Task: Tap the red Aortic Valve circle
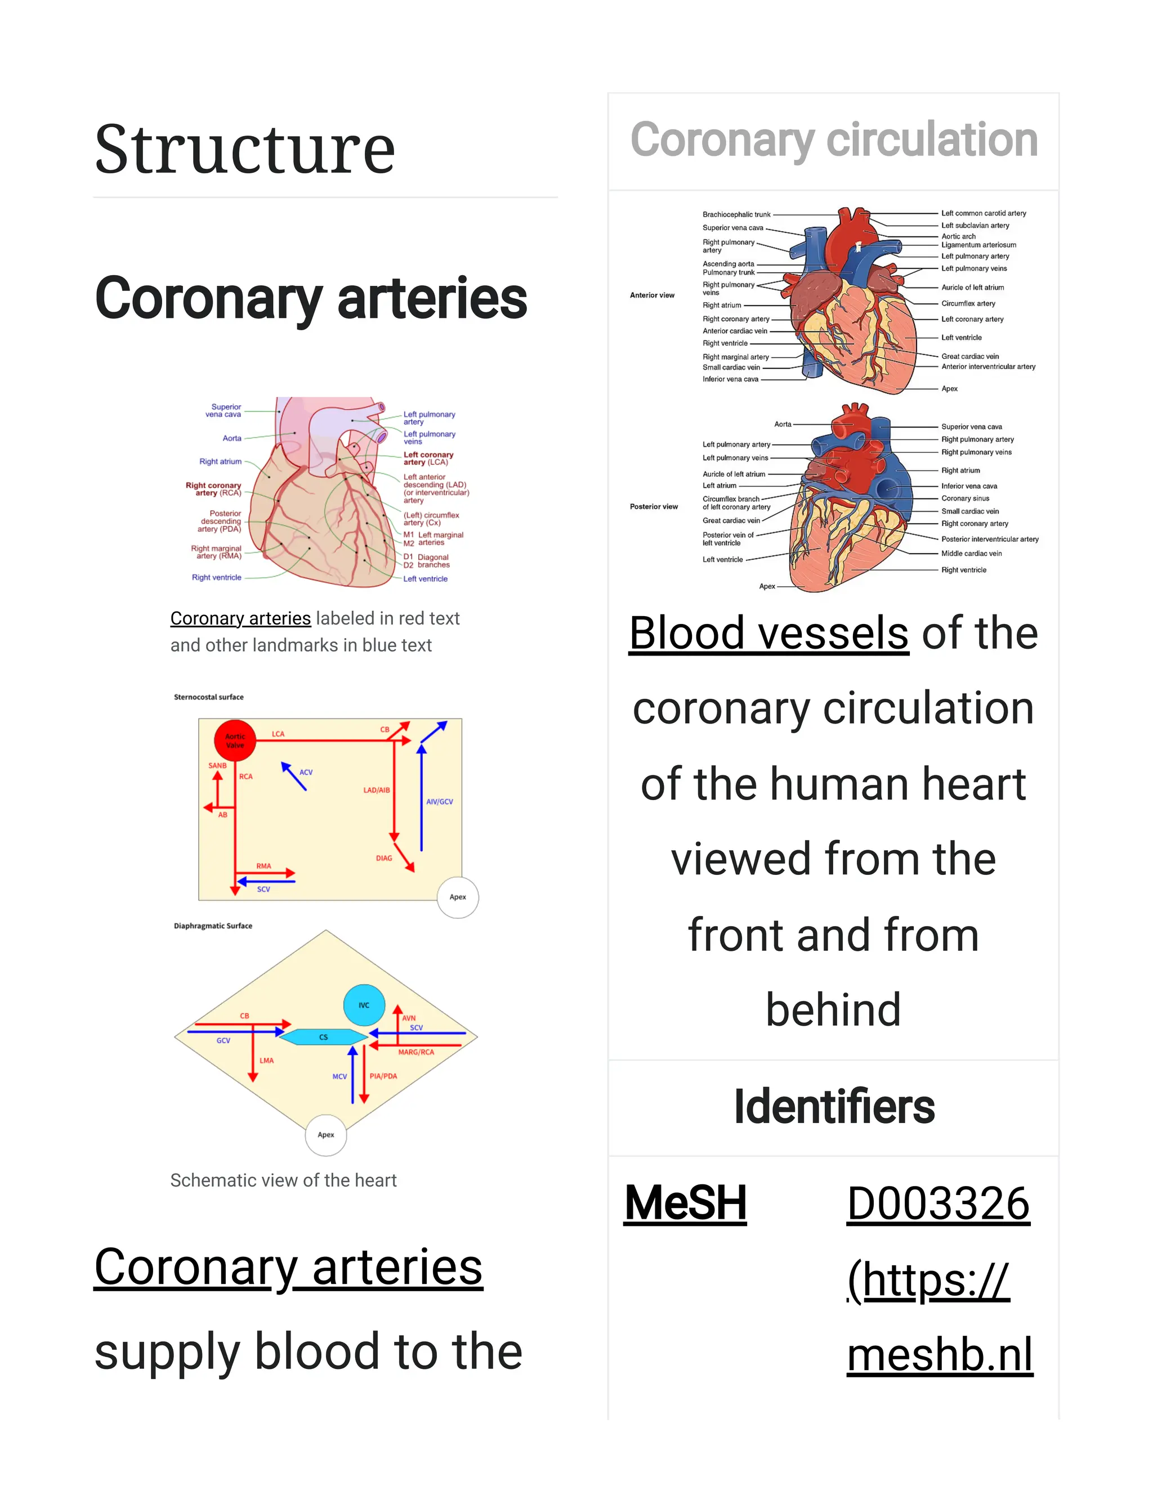pyautogui.click(x=235, y=740)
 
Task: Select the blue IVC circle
pyautogui.click(x=364, y=1005)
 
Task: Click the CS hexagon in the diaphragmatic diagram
pyautogui.click(x=324, y=1037)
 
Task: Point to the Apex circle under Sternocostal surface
pyautogui.click(x=458, y=897)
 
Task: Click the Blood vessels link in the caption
pyautogui.click(x=768, y=633)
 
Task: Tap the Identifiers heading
pyautogui.click(x=833, y=1107)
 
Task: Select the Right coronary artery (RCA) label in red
pyautogui.click(x=214, y=489)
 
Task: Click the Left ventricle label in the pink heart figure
pyautogui.click(x=426, y=579)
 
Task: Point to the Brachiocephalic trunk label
pyautogui.click(x=736, y=214)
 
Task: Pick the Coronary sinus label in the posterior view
pyautogui.click(x=964, y=499)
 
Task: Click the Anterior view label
pyautogui.click(x=651, y=295)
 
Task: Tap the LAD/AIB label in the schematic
pyautogui.click(x=377, y=790)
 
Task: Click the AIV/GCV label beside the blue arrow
pyautogui.click(x=439, y=801)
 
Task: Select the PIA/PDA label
pyautogui.click(x=383, y=1076)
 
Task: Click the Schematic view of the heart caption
pyautogui.click(x=284, y=1180)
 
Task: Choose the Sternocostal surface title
pyautogui.click(x=208, y=697)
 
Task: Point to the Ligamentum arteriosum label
pyautogui.click(x=978, y=245)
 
